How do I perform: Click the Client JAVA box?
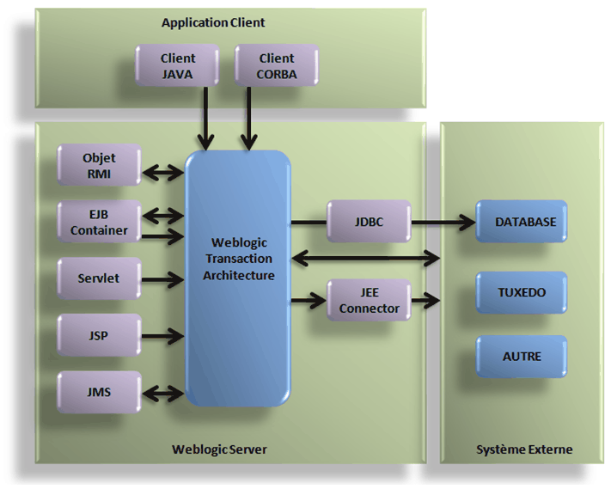178,65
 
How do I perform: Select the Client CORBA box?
276,65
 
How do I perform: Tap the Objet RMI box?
99,165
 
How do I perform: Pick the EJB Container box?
99,222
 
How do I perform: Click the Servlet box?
99,278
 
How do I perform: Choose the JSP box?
99,335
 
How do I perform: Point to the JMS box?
99,393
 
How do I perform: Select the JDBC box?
369,222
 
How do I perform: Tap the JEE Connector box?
369,300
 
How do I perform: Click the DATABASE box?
524,222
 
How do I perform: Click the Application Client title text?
213,22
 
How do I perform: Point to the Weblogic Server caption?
219,449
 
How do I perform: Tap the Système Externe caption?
523,449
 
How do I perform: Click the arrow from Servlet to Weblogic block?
163,279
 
